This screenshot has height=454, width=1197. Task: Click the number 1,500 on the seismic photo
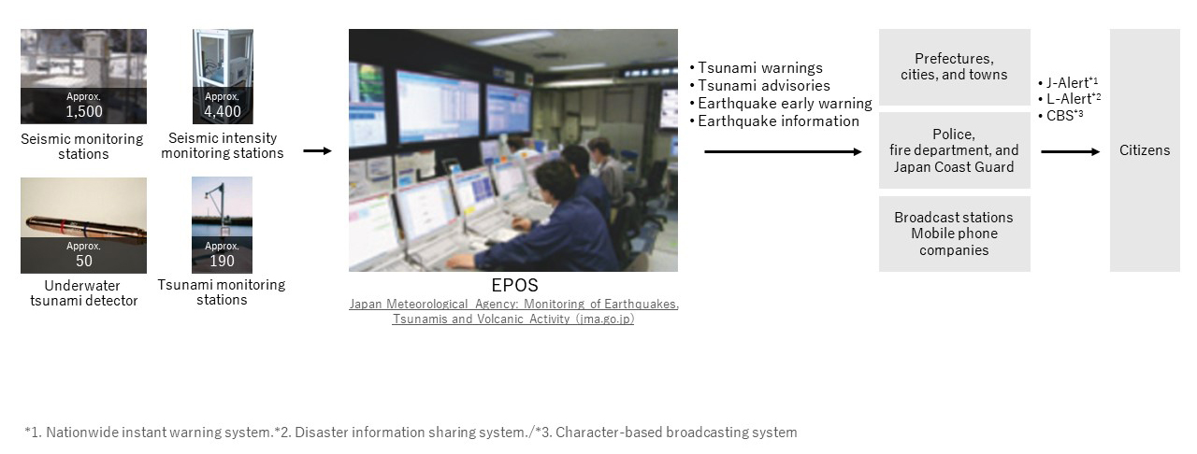click(x=84, y=111)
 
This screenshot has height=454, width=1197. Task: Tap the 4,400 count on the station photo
click(x=223, y=111)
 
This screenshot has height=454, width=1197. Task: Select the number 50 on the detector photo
click(x=84, y=262)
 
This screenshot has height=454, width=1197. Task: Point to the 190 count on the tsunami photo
click(x=222, y=262)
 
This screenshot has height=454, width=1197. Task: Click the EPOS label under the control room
click(x=514, y=285)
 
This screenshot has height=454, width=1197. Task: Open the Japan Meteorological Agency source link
click(x=513, y=311)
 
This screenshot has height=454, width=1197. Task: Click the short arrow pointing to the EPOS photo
click(x=317, y=151)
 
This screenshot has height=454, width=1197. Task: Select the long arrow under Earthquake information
click(x=783, y=151)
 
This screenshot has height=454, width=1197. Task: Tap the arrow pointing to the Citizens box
click(x=1071, y=151)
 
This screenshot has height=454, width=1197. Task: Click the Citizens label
click(x=1145, y=150)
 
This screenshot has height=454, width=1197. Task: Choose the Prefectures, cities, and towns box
click(x=955, y=66)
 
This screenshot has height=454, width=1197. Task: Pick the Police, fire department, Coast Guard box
click(x=955, y=150)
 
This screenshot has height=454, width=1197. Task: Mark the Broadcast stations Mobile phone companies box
click(x=955, y=234)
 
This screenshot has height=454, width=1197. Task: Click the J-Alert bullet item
click(x=1068, y=83)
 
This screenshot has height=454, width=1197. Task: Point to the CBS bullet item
click(x=1060, y=116)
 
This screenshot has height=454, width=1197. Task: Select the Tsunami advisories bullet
click(x=760, y=85)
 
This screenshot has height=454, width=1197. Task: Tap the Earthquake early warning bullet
click(x=781, y=103)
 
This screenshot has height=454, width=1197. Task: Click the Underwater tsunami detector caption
click(x=84, y=293)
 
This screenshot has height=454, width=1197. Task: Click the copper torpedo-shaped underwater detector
click(x=85, y=228)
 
